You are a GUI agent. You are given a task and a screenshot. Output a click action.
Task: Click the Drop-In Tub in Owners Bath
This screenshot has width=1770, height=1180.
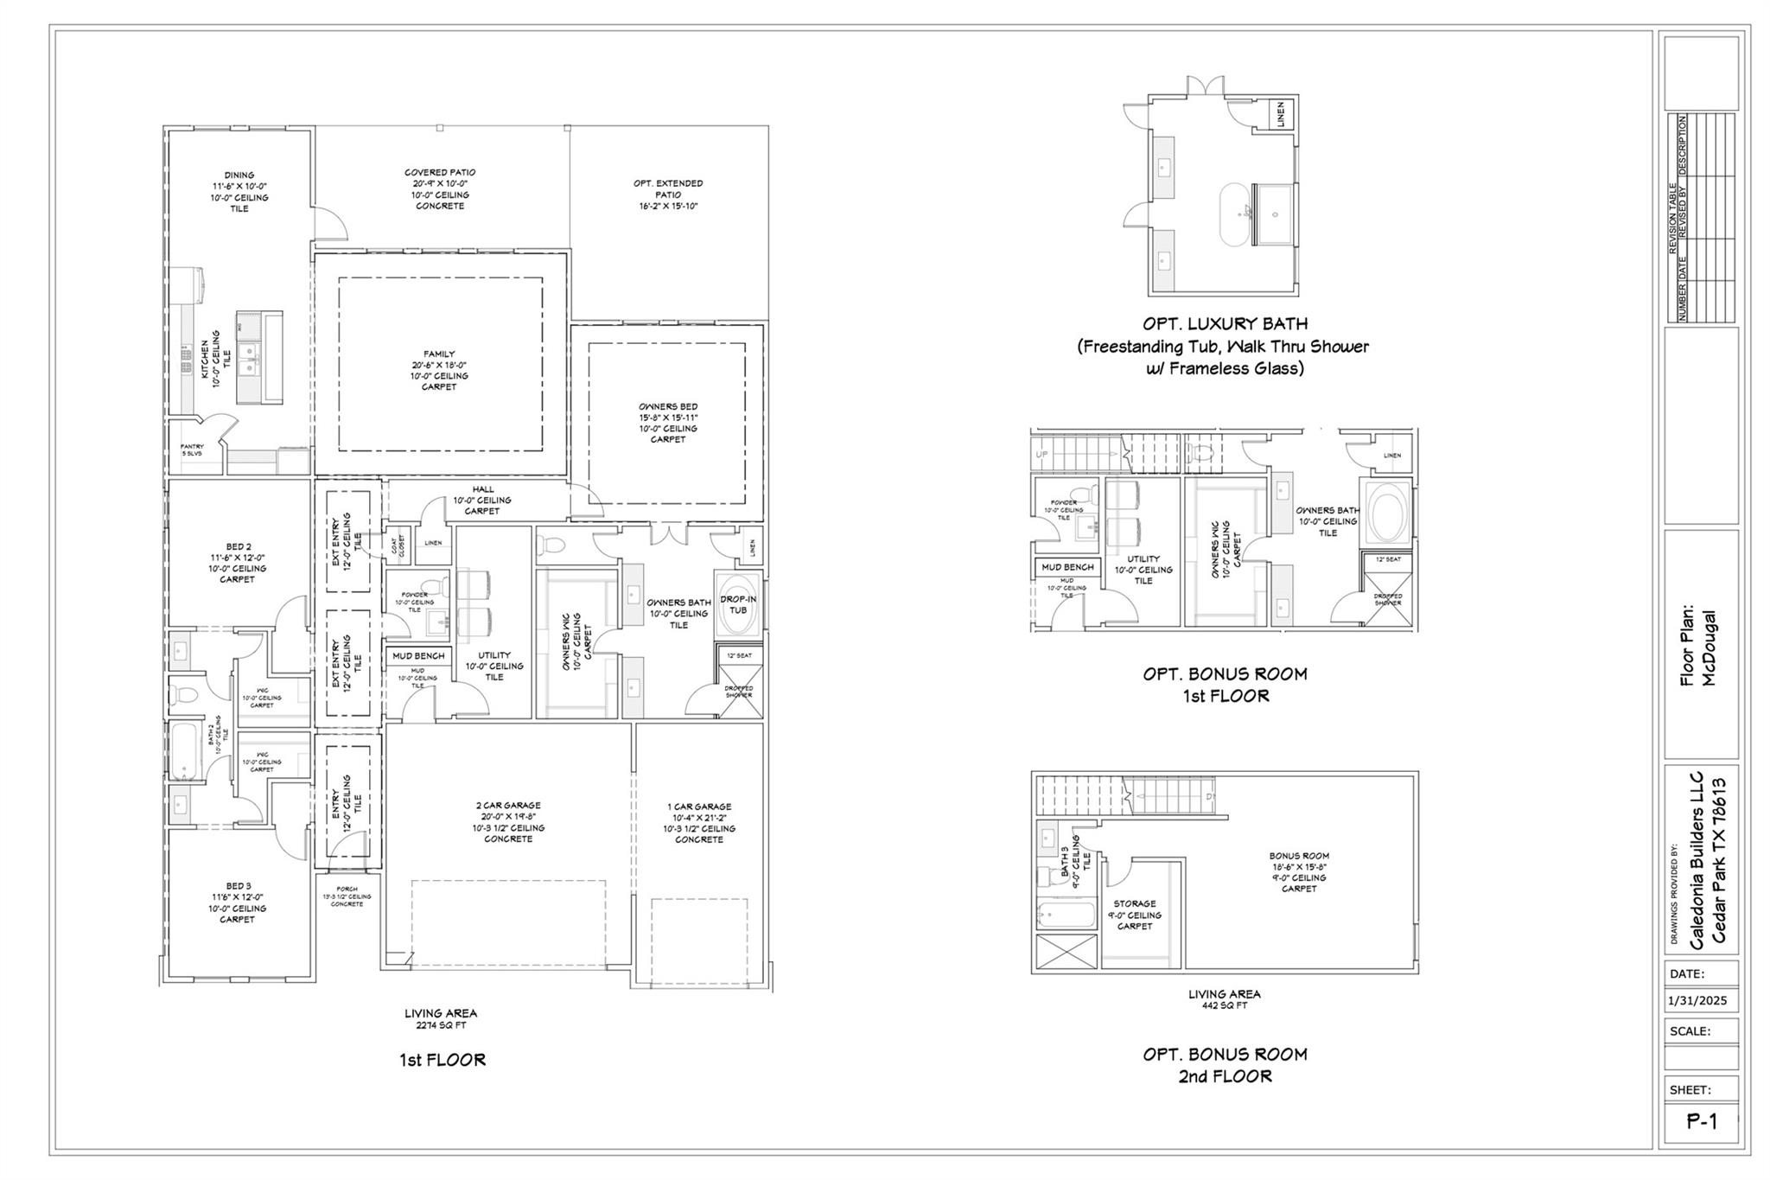(x=737, y=604)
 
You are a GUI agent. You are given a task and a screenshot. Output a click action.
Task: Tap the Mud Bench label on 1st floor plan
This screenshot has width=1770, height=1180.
(x=418, y=656)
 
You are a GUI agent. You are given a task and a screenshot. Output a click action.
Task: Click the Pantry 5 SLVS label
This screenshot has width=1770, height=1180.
(x=192, y=450)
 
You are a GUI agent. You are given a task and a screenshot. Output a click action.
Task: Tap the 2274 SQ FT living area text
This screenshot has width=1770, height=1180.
(x=441, y=1026)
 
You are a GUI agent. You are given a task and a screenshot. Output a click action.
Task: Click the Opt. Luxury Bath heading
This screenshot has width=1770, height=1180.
(x=1225, y=324)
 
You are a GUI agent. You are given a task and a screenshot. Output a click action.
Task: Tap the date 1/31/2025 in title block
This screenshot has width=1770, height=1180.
(x=1697, y=1001)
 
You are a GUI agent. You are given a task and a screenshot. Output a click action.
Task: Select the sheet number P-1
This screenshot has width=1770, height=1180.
(x=1702, y=1122)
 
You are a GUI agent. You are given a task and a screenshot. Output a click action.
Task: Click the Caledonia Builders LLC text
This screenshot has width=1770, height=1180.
(x=1697, y=859)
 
